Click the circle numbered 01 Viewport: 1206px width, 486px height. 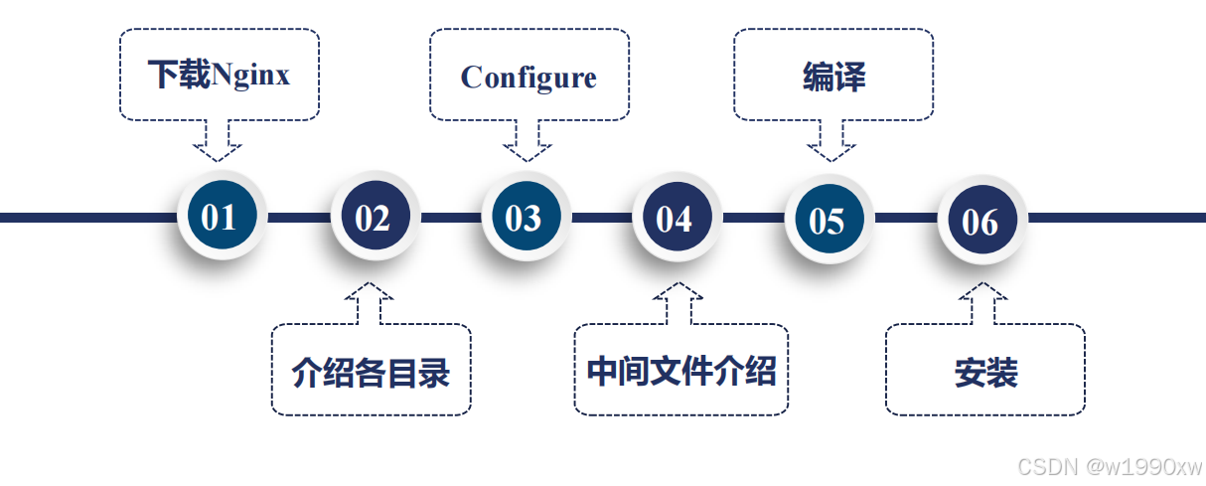[x=219, y=217]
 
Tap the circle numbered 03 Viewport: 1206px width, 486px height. [x=523, y=218]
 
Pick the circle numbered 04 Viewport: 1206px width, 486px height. [x=674, y=218]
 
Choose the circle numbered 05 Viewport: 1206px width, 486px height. [x=826, y=220]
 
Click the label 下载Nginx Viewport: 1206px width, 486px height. [x=220, y=75]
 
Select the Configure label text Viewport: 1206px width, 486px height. [x=528, y=78]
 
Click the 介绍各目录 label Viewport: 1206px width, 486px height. [x=371, y=372]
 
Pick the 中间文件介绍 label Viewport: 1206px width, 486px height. [x=680, y=370]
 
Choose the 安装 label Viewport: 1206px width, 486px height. [x=985, y=373]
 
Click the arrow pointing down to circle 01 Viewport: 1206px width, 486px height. [x=217, y=141]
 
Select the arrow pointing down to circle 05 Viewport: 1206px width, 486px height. [x=831, y=141]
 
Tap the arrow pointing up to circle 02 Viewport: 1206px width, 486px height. [x=370, y=302]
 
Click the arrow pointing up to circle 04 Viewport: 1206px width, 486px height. [x=678, y=302]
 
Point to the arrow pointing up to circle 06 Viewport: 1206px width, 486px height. [x=983, y=302]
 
